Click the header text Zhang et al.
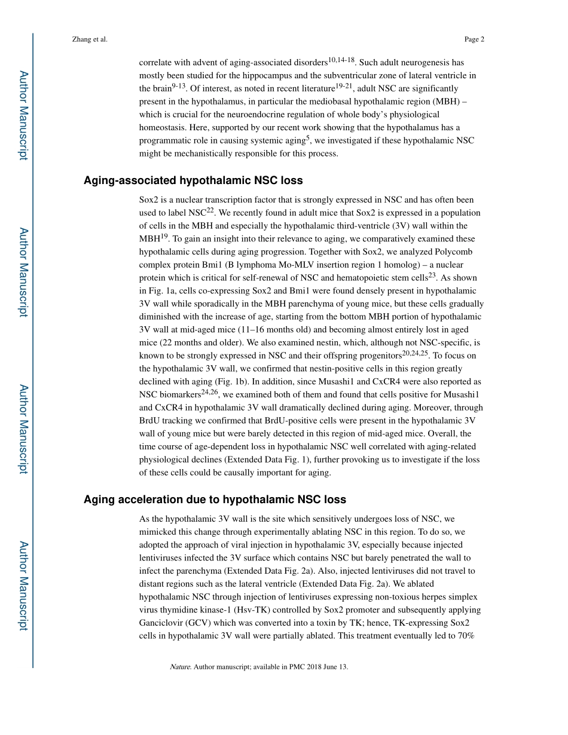[x=89, y=39]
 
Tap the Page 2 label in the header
[x=474, y=39]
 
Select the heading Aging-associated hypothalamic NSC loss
[x=193, y=180]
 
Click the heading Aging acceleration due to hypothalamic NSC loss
[x=215, y=500]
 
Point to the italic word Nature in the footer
[x=180, y=667]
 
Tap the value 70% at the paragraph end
[x=466, y=636]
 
